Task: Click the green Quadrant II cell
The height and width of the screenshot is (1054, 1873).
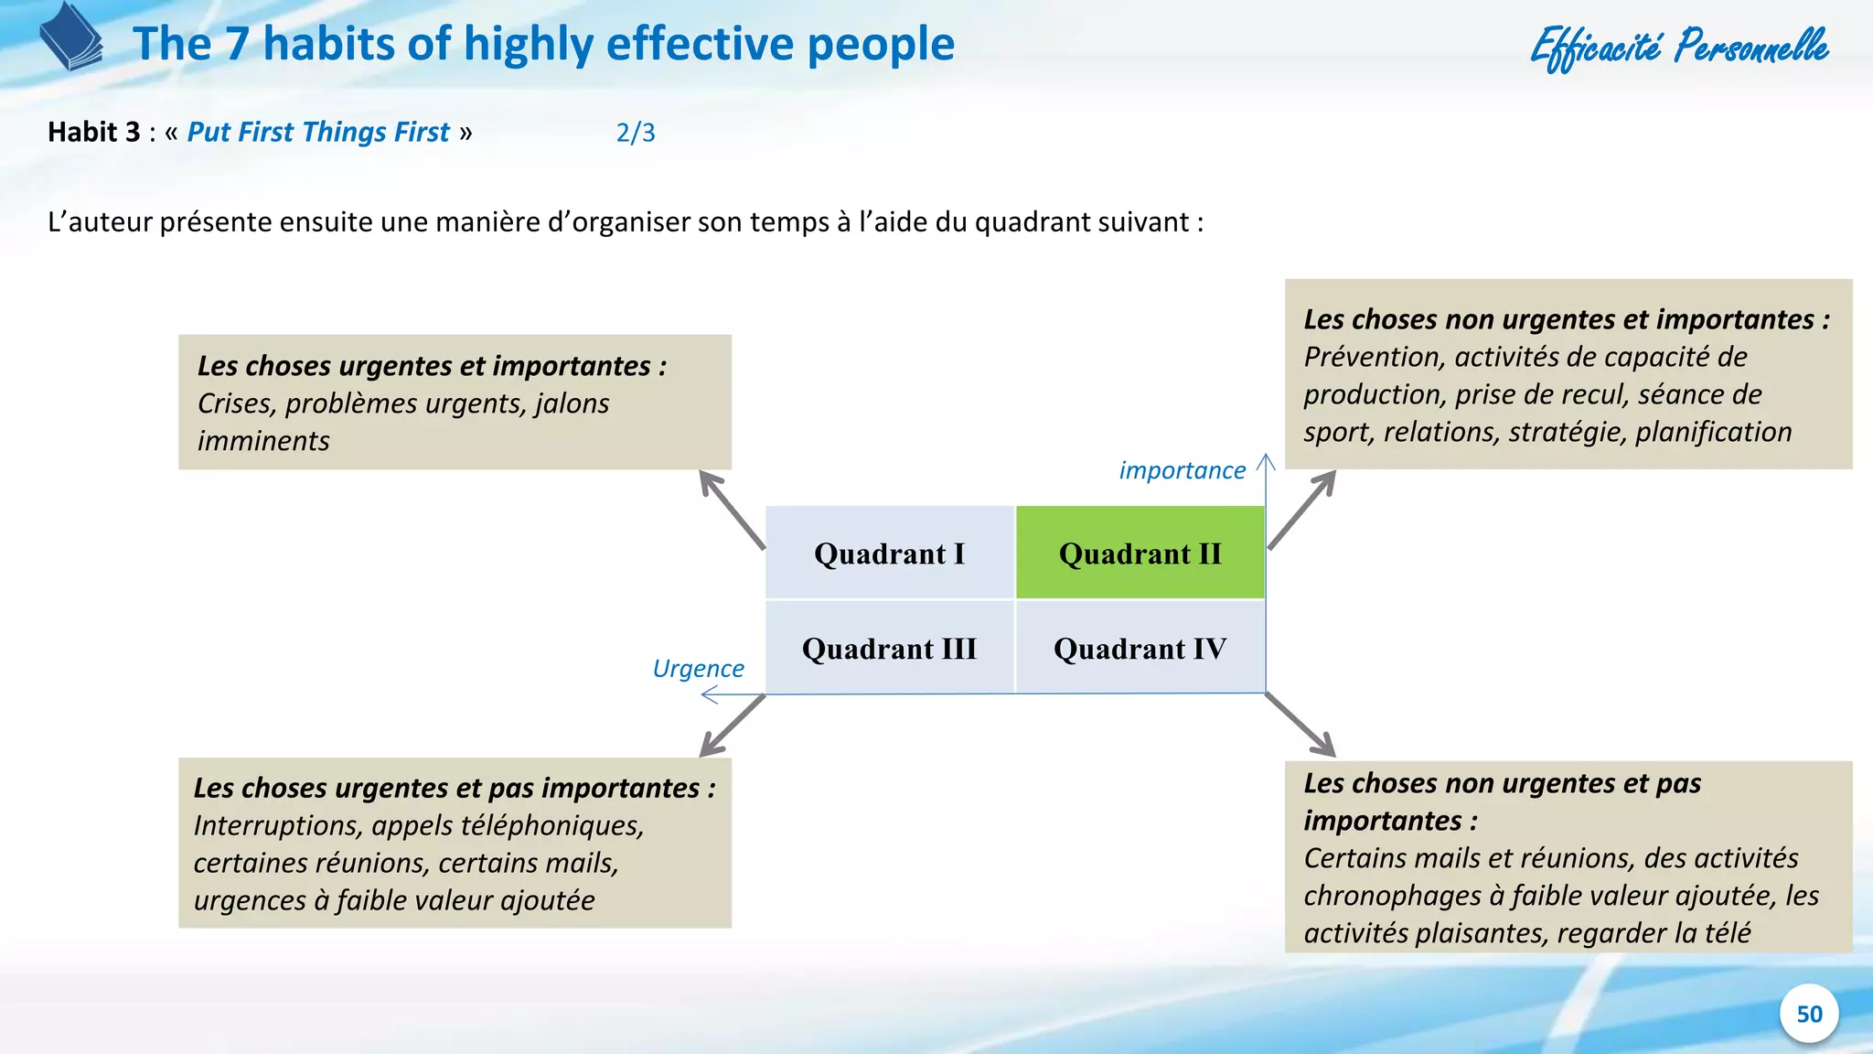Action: (x=1140, y=554)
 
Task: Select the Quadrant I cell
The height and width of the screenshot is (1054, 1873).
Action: (x=889, y=554)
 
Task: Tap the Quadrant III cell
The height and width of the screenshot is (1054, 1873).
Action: (x=889, y=649)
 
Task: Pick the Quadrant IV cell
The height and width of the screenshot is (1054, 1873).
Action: (x=1140, y=649)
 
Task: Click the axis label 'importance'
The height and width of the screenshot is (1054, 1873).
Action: (x=1182, y=470)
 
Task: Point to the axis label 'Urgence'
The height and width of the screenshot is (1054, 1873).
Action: (x=698, y=669)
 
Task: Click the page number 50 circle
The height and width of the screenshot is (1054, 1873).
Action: (x=1808, y=1014)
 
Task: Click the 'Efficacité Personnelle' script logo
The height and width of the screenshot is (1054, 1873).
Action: (x=1679, y=48)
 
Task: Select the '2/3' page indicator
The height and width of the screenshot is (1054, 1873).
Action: (x=636, y=133)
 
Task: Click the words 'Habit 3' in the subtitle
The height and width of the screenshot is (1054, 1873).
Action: (x=93, y=133)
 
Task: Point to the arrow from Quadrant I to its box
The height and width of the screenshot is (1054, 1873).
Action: (x=732, y=509)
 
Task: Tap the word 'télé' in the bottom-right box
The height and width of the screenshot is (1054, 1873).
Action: (x=1727, y=933)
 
